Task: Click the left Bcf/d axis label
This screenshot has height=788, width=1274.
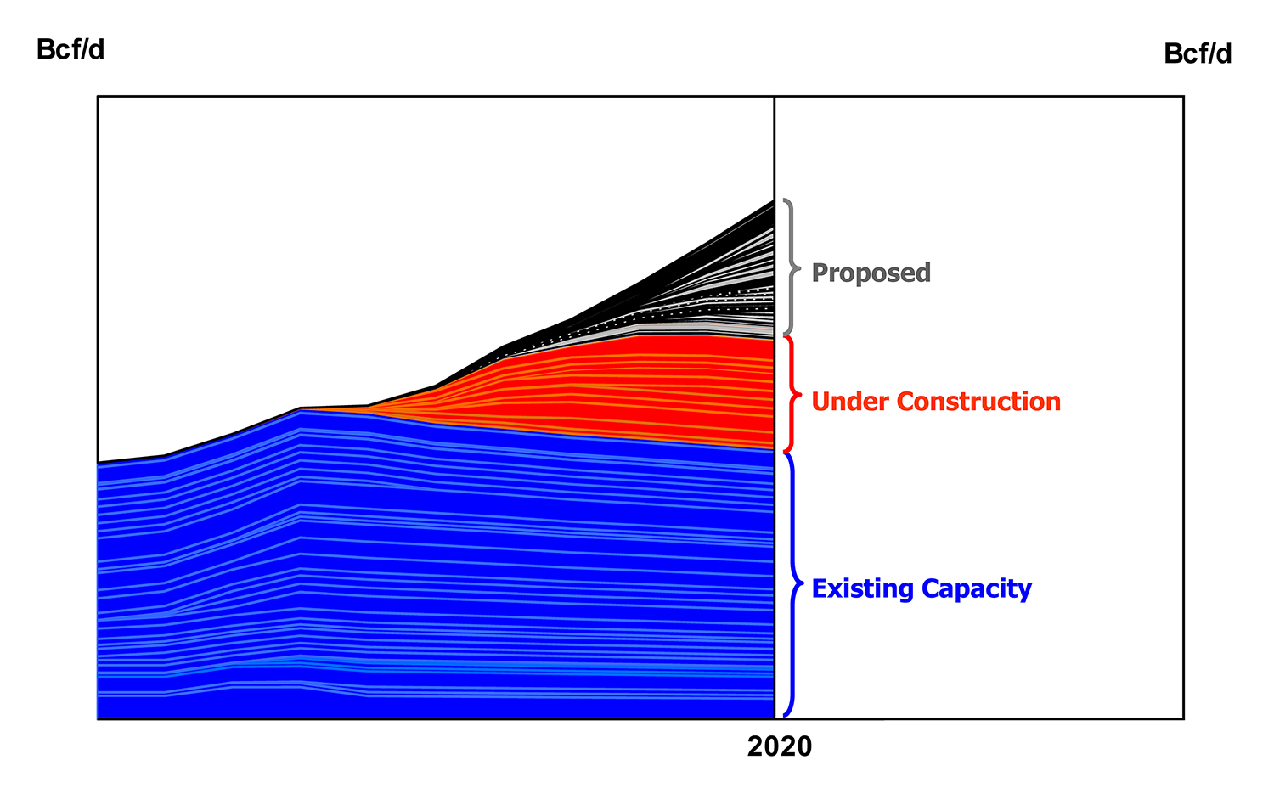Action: pos(70,50)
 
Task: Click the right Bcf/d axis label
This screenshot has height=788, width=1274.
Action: pos(1198,54)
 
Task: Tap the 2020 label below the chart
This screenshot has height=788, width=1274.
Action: pos(779,747)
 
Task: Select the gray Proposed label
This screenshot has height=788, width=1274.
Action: pos(871,273)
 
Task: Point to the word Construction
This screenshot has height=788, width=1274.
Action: pos(978,402)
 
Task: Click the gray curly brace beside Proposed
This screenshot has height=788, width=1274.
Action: pos(791,267)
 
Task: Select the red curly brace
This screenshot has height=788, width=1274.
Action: pos(791,395)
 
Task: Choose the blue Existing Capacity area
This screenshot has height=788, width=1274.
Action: pos(425,577)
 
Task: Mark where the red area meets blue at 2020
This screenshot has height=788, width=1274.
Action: pos(773,450)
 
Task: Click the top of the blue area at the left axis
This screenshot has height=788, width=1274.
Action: pos(99,464)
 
